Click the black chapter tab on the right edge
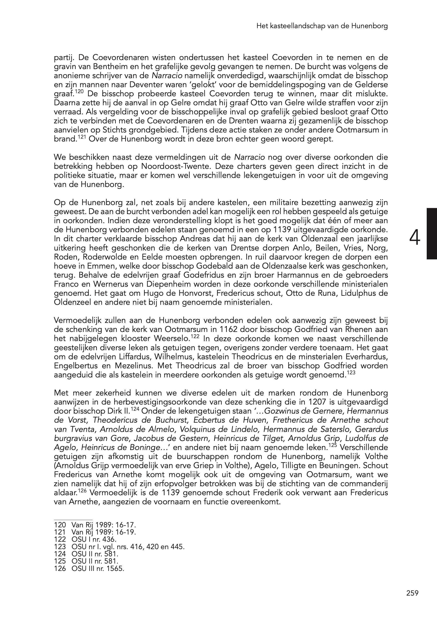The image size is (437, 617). (432, 234)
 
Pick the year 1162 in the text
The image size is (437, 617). (228, 329)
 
